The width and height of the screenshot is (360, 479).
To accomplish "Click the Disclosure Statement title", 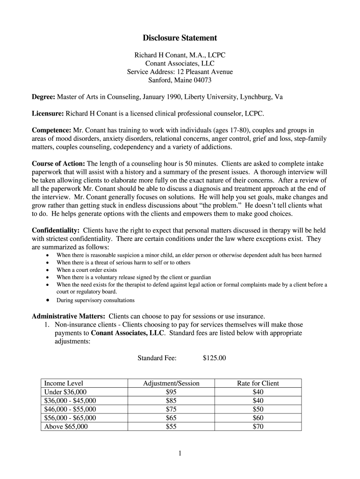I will (x=180, y=38).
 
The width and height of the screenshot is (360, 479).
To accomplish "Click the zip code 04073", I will (x=201, y=80).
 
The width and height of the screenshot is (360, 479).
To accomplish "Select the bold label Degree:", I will (x=43, y=97).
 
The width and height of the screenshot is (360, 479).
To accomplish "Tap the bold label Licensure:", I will (x=48, y=114).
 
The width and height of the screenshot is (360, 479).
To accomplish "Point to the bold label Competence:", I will (x=51, y=131).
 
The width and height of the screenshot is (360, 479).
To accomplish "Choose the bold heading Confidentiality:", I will (x=55, y=231).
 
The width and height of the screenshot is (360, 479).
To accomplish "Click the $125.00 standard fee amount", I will (x=214, y=358).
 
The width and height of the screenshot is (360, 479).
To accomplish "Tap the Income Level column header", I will (x=64, y=383).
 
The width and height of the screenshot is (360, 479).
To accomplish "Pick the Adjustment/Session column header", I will (x=171, y=383).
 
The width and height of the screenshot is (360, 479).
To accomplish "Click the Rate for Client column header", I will (x=258, y=383).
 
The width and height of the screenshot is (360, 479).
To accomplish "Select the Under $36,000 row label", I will (x=65, y=392).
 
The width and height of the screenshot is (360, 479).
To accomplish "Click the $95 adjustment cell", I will (x=171, y=392).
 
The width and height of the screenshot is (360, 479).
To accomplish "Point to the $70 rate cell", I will (x=258, y=427).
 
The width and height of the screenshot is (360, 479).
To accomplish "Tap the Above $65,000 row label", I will (x=66, y=427).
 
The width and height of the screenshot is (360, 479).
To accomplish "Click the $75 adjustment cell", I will (x=171, y=409).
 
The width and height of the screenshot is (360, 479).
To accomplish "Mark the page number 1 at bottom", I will (x=180, y=453).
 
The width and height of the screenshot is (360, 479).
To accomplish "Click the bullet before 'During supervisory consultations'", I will (x=48, y=300).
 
